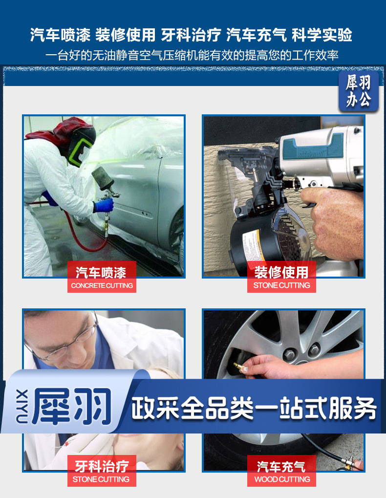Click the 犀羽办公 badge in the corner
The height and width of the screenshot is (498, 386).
(359, 91)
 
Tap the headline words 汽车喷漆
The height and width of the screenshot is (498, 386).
(60, 35)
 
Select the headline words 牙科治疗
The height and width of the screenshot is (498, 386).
(191, 35)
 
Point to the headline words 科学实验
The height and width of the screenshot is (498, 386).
(322, 35)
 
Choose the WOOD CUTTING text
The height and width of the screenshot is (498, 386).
(282, 479)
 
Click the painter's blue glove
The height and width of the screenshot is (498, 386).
(104, 205)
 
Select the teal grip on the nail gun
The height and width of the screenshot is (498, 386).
(312, 147)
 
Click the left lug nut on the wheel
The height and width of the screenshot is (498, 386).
(289, 354)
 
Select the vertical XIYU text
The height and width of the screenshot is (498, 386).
(21, 407)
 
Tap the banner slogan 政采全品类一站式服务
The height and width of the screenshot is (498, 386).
(254, 408)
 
